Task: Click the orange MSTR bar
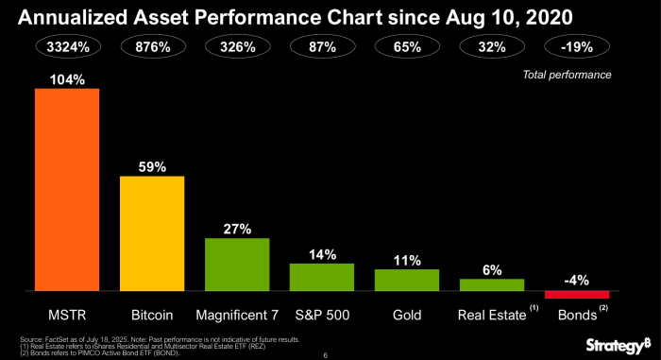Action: click(x=67, y=189)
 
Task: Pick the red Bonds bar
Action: click(x=577, y=295)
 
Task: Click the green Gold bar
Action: click(x=407, y=280)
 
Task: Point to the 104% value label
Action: click(x=67, y=79)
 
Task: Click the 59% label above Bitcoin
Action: click(x=152, y=166)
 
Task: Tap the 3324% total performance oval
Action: click(x=67, y=46)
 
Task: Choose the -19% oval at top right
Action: click(x=577, y=46)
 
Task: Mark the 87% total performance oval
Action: click(x=322, y=46)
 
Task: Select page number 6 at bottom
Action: click(x=325, y=355)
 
